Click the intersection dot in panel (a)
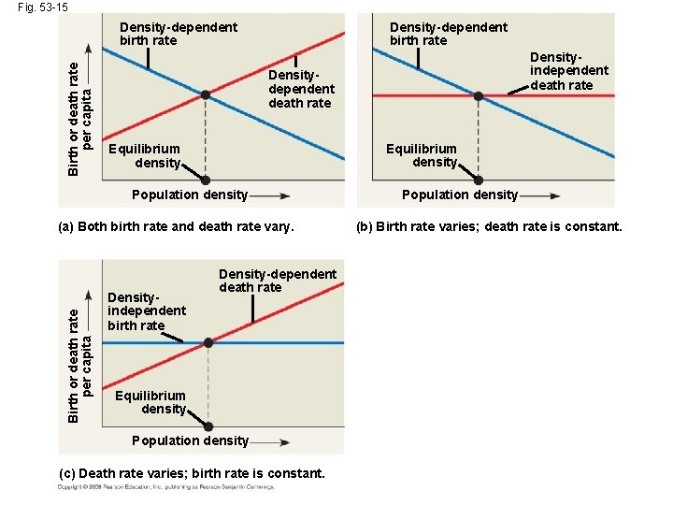click(x=206, y=94)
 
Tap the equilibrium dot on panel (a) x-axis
click(x=206, y=180)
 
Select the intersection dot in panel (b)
click(x=479, y=95)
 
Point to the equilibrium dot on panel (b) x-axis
click(x=479, y=180)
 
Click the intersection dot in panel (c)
click(x=208, y=343)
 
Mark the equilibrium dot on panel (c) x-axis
click(x=208, y=427)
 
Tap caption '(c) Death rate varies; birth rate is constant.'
click(x=192, y=473)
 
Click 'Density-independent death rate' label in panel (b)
click(x=568, y=70)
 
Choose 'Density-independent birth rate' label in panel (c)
click(x=147, y=310)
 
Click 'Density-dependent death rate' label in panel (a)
click(x=301, y=89)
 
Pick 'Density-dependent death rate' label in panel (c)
click(x=277, y=281)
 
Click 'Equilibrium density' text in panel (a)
click(x=144, y=156)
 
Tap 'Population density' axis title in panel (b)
click(x=459, y=195)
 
